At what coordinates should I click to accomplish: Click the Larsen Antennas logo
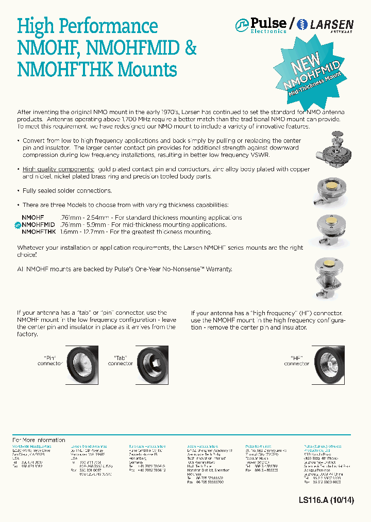325,25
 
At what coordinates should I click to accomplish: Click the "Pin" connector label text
49,361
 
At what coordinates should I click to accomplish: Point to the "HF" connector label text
296,361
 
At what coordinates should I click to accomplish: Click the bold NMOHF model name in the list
33,218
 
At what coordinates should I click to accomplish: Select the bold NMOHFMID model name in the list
38,225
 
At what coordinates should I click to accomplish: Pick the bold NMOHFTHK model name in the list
39,232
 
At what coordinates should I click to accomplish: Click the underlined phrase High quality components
58,169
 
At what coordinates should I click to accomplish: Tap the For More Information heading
39,439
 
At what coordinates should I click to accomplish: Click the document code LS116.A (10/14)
326,500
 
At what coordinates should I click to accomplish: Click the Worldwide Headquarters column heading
31,446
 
